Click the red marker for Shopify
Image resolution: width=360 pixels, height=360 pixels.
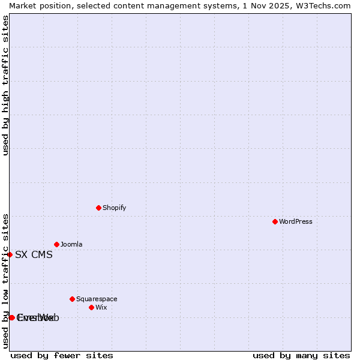[98, 208]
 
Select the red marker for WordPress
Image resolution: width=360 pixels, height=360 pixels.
[275, 221]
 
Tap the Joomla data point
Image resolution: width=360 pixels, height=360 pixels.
[56, 244]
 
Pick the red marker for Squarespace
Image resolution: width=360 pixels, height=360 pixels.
[72, 299]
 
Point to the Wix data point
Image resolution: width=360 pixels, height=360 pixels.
[91, 307]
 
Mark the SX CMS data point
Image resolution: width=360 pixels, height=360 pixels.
[10, 254]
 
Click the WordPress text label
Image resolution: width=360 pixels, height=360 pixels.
[296, 221]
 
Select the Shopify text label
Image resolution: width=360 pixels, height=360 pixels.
[115, 208]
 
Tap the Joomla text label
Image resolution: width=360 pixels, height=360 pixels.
[71, 244]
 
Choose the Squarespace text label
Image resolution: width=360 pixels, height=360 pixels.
[97, 299]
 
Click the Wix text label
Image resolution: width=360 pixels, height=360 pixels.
[101, 307]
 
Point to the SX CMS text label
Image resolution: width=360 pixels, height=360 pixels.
[34, 254]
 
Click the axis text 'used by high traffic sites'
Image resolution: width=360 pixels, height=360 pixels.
[5, 85]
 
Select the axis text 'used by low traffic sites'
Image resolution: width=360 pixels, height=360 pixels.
[5, 280]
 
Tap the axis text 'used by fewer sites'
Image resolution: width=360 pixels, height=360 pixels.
[62, 355]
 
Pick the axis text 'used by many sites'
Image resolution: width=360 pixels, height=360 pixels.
[301, 355]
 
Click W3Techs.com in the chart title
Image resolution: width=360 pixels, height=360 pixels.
[322, 5]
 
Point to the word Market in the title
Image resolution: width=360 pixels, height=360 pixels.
[24, 5]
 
